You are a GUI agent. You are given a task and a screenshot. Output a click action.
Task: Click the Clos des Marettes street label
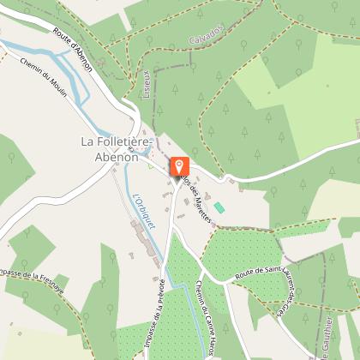(x=196, y=202)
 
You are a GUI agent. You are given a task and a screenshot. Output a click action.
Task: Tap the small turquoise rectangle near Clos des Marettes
(x=219, y=207)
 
